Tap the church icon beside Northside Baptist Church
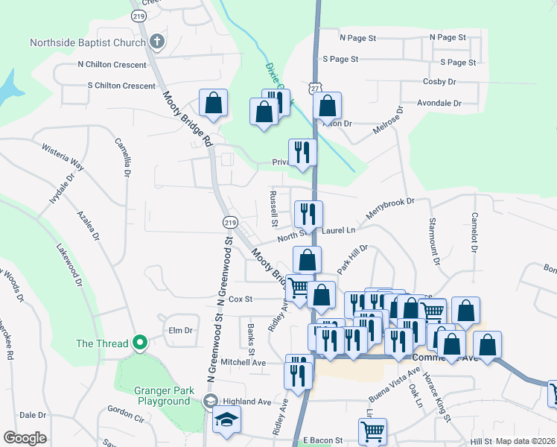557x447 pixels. [x=156, y=42]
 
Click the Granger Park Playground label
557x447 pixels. [x=164, y=396]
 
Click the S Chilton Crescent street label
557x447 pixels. [x=121, y=86]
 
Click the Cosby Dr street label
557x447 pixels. [x=439, y=81]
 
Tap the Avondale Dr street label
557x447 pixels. [x=439, y=103]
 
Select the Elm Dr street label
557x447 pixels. [x=181, y=330]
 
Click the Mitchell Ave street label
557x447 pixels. [x=243, y=363]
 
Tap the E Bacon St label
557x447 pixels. [x=317, y=441]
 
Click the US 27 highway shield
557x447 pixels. [x=316, y=86]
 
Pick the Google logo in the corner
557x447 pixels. [x=25, y=438]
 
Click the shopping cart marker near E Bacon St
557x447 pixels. [x=372, y=431]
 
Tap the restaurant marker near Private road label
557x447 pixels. [x=302, y=153]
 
